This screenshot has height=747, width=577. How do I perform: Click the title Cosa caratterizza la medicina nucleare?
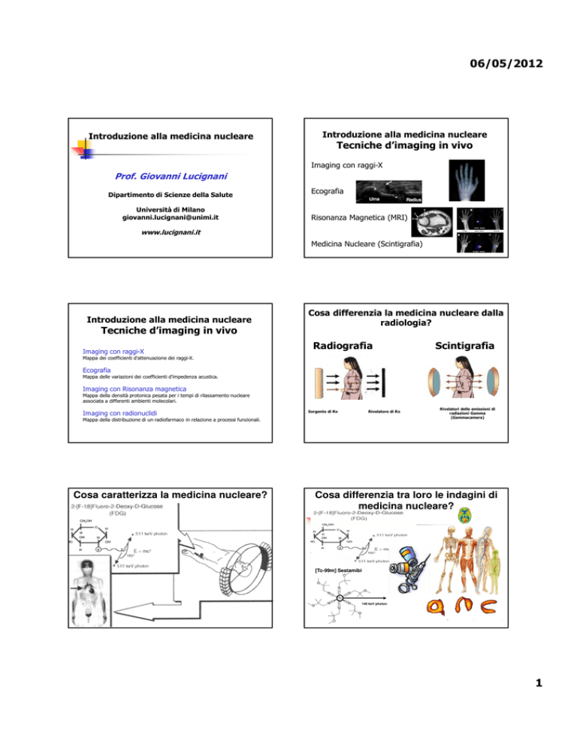(168, 493)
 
